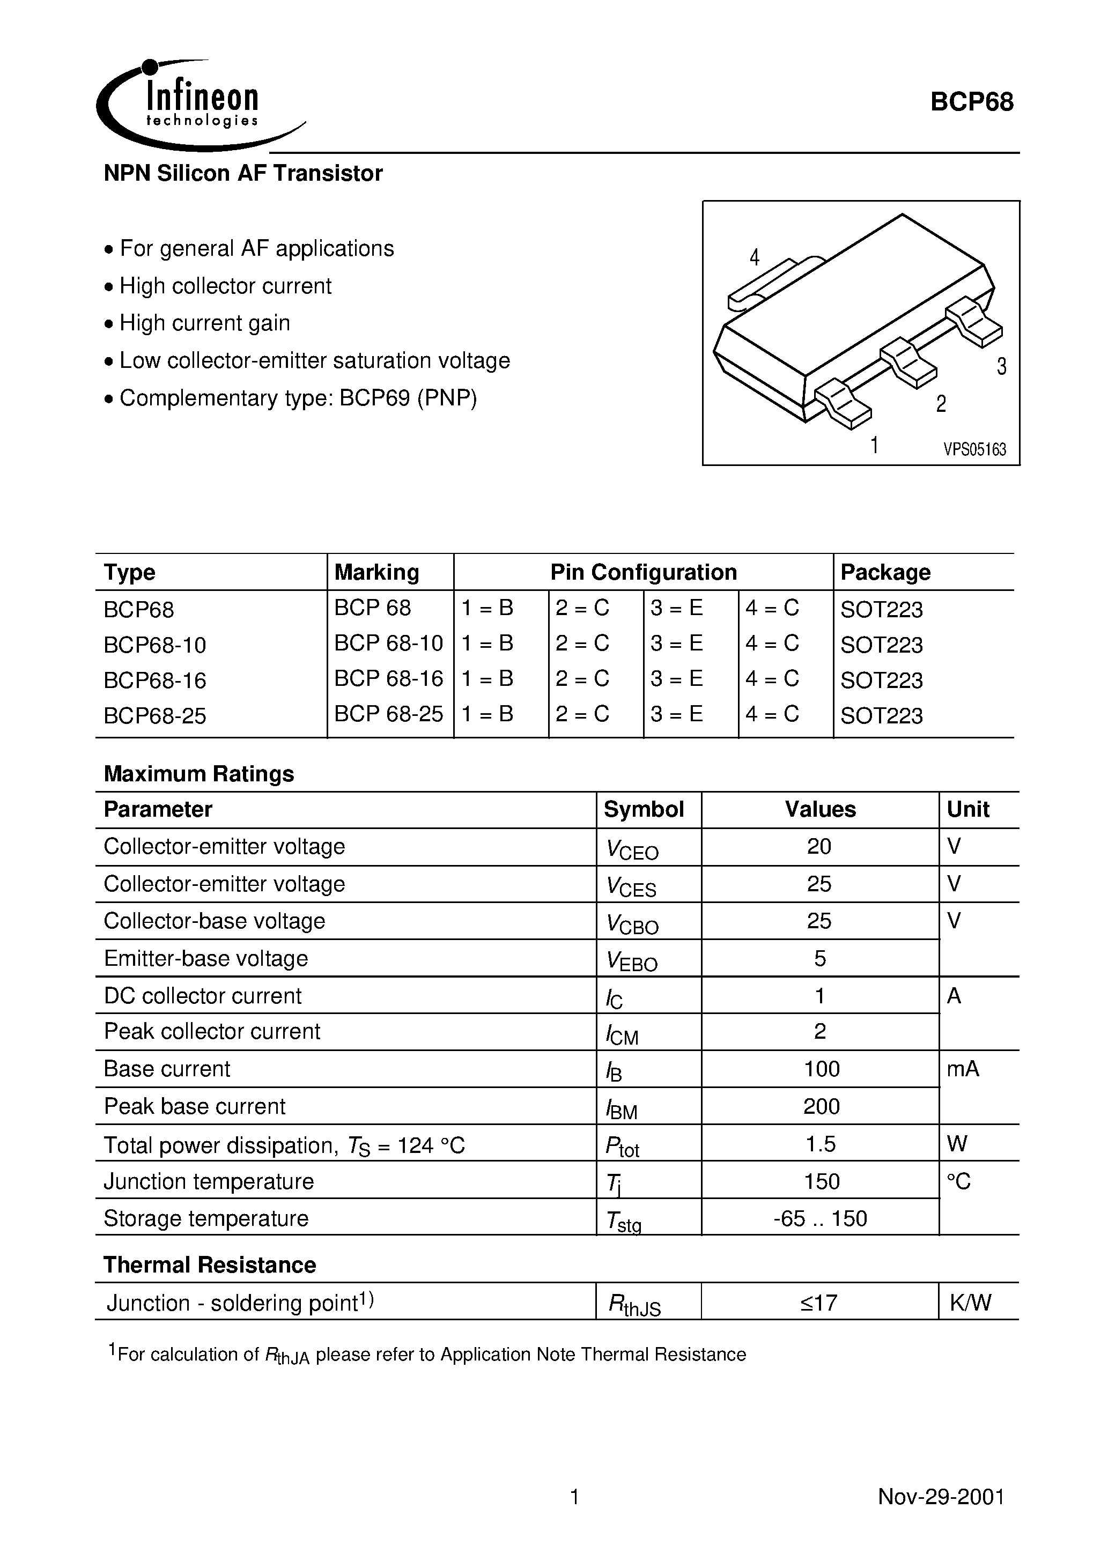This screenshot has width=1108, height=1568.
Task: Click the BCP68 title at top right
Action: pyautogui.click(x=971, y=102)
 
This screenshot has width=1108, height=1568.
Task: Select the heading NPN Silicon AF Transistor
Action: pyautogui.click(x=242, y=173)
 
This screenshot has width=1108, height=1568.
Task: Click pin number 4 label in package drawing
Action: pyautogui.click(x=754, y=257)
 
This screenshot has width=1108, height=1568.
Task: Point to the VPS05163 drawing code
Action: pyautogui.click(x=975, y=449)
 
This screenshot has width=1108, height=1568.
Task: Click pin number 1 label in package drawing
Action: pyautogui.click(x=874, y=445)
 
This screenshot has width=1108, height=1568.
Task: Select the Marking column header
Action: pyautogui.click(x=376, y=572)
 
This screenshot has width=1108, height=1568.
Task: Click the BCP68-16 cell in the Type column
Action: pyautogui.click(x=155, y=680)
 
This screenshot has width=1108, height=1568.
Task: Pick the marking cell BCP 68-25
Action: pyautogui.click(x=388, y=714)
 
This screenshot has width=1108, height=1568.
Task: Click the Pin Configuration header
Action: pyautogui.click(x=644, y=572)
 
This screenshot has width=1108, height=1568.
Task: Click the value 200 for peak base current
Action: pyautogui.click(x=821, y=1106)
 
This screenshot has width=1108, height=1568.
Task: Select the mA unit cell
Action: pyautogui.click(x=963, y=1069)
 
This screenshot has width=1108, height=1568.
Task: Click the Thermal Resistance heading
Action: pyautogui.click(x=210, y=1265)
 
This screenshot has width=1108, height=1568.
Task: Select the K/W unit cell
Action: pyautogui.click(x=970, y=1303)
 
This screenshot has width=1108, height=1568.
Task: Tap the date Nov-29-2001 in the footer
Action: pyautogui.click(x=941, y=1497)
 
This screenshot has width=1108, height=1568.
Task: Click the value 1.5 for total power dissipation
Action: pyautogui.click(x=821, y=1144)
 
